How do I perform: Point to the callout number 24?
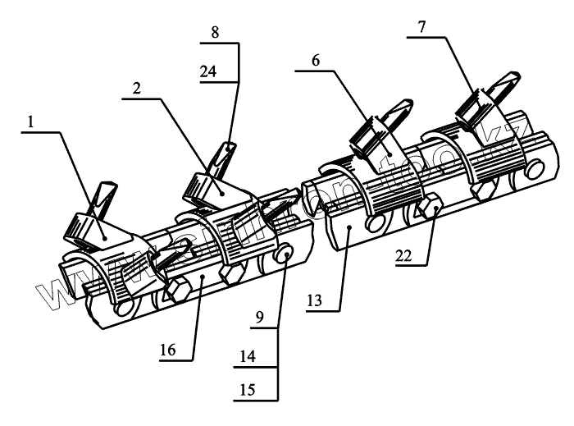(208, 71)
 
